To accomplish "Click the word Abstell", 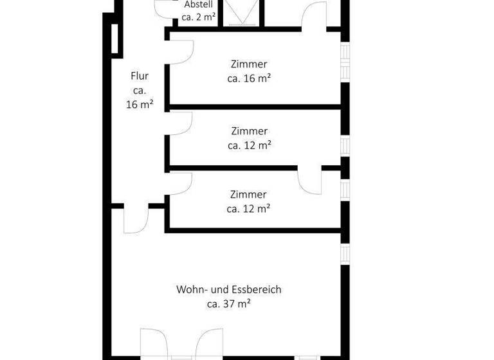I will [198, 4].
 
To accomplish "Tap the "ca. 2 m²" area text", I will [198, 17].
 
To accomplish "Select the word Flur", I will [139, 76].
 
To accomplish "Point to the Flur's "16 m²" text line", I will [139, 104].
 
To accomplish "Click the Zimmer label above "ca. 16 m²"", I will [248, 64].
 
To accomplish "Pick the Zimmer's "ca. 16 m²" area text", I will [248, 78].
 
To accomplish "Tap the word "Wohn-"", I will [191, 289].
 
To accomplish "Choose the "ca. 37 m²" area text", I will [228, 303].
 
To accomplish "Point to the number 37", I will [228, 303].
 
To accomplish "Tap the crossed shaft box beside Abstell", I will [242, 13].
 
